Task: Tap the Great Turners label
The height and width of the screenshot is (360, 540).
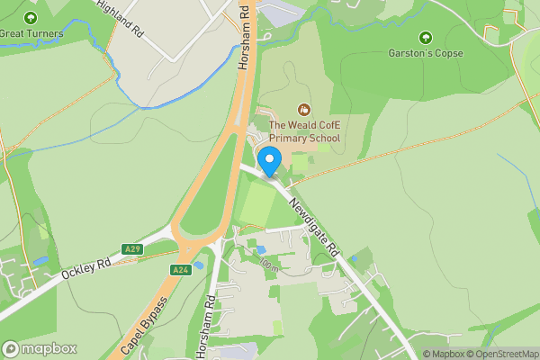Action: click(x=31, y=34)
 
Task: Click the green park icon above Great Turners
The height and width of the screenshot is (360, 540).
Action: click(x=31, y=18)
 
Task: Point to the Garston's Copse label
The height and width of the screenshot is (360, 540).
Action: click(x=426, y=53)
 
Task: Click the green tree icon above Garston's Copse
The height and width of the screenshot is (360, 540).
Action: click(x=426, y=38)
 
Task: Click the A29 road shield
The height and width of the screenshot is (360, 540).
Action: click(x=132, y=248)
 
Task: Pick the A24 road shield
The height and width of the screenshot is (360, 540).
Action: click(x=180, y=269)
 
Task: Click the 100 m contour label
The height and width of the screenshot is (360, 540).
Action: click(x=268, y=265)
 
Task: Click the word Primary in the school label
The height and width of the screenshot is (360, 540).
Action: click(x=289, y=139)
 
